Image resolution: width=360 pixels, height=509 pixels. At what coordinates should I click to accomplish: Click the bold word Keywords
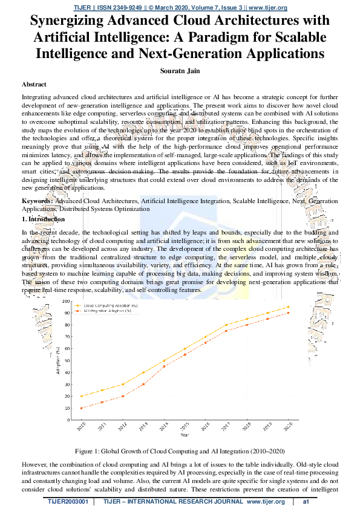[x=37, y=199]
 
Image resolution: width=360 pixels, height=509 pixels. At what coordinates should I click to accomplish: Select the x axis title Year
[x=184, y=434]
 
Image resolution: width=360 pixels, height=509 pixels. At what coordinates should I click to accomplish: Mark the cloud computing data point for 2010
[x=80, y=396]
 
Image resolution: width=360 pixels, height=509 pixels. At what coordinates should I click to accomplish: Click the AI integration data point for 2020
[x=287, y=313]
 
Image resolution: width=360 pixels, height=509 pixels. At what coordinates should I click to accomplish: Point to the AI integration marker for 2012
[x=122, y=396]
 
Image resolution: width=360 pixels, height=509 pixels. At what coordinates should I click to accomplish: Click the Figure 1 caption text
[x=180, y=452]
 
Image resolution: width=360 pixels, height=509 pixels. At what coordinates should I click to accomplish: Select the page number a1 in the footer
[x=306, y=502]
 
